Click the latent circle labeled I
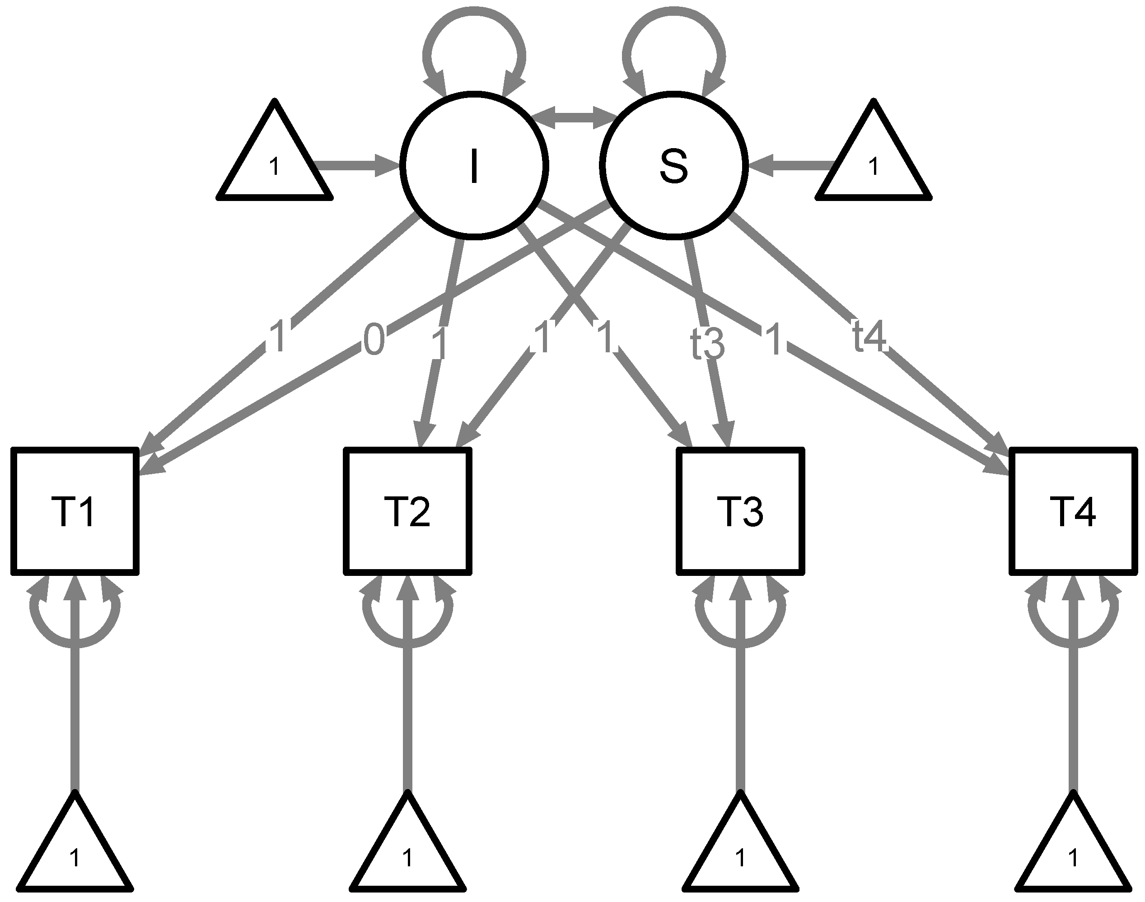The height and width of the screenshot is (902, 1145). click(474, 165)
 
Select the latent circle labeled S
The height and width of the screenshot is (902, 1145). click(674, 165)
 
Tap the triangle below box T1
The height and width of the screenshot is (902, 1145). click(75, 853)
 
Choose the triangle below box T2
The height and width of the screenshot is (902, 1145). click(408, 853)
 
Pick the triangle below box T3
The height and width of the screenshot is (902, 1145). click(740, 853)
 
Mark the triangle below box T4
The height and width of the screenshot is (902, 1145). click(1073, 853)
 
